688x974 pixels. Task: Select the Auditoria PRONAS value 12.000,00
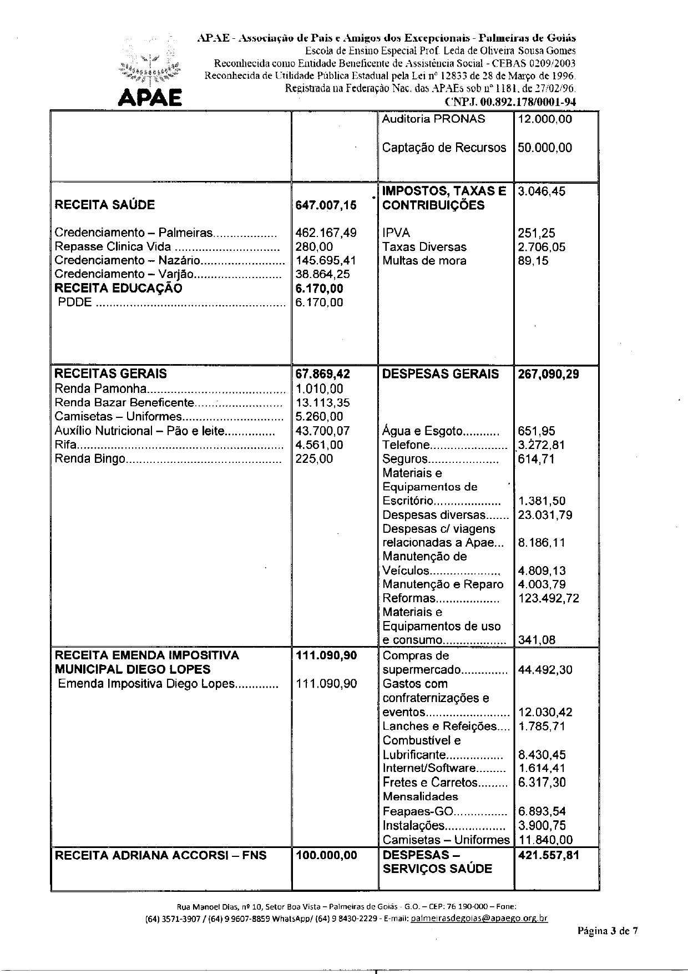pos(544,119)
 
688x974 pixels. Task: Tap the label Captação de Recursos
pos(444,148)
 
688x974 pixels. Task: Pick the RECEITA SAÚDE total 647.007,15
pos(326,205)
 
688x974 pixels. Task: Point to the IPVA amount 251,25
pos(536,234)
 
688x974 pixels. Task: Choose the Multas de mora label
pos(424,261)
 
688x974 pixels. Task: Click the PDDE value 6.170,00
pos(320,302)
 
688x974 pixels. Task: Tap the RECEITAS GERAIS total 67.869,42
pos(323,374)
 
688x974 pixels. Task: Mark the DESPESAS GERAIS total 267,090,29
pos(548,374)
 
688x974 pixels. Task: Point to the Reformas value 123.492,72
pos(548,598)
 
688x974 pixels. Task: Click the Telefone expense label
pos(407,445)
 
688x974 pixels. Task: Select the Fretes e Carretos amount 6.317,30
pos(542,783)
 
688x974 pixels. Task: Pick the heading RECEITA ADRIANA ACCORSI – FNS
pos(160,855)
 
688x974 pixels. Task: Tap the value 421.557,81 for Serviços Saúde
pos(548,855)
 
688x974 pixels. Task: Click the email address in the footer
pos(479,918)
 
